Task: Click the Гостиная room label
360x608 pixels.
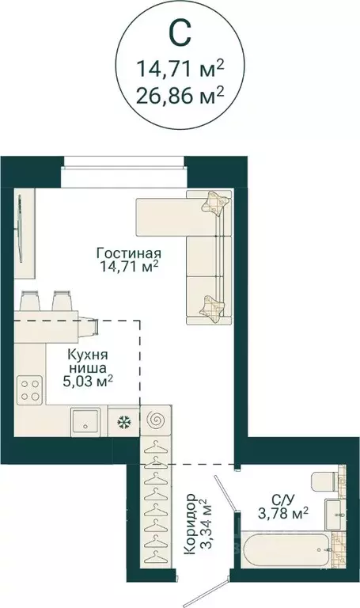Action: point(129,253)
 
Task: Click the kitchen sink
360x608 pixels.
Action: point(86,421)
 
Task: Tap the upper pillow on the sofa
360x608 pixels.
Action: point(214,203)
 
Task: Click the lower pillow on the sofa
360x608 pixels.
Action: point(212,304)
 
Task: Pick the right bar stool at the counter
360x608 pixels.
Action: point(63,302)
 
